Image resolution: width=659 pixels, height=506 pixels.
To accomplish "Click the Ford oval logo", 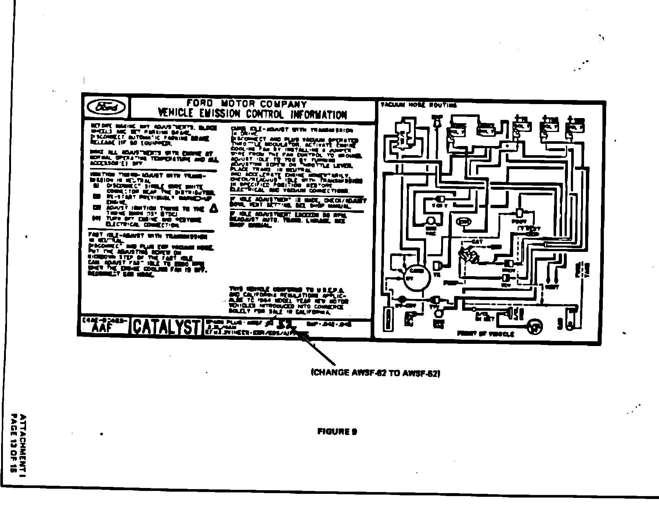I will (x=106, y=107).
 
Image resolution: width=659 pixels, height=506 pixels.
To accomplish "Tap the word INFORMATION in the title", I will (x=318, y=115).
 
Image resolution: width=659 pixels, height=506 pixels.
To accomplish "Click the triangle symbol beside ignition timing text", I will (x=213, y=209).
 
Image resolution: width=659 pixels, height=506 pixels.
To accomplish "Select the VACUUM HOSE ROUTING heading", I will (x=418, y=106).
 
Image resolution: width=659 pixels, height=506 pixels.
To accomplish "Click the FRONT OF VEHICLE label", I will (x=486, y=334).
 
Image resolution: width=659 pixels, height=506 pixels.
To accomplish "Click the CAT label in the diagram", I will (x=477, y=242).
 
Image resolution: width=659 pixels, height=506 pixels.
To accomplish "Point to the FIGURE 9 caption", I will (x=337, y=432).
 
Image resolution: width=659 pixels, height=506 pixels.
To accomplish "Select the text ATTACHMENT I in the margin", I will (x=23, y=443).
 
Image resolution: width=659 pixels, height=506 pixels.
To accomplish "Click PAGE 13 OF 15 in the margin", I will (x=14, y=443).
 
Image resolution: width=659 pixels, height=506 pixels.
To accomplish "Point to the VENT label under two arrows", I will (x=552, y=286).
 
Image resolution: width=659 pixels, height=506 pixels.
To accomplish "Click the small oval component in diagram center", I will (x=464, y=222).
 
